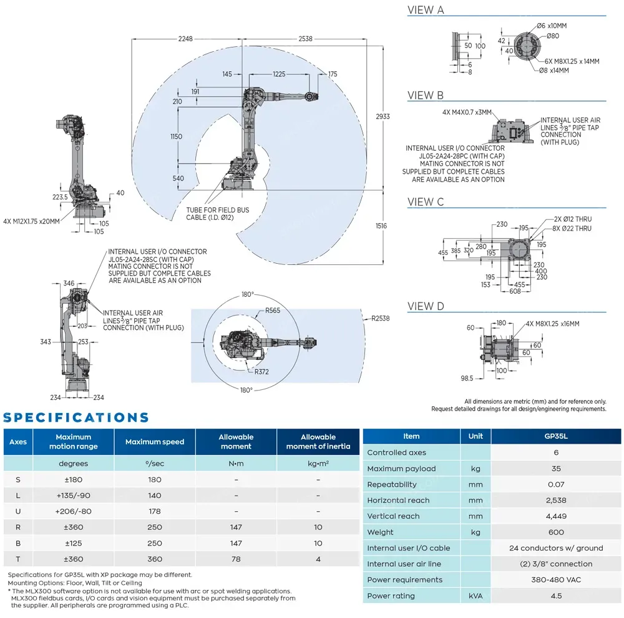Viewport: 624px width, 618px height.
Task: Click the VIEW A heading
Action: click(x=426, y=10)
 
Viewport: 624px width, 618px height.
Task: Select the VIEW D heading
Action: click(x=426, y=306)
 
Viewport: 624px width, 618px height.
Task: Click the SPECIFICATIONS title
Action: click(x=76, y=417)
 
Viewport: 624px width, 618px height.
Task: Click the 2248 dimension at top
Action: click(x=185, y=39)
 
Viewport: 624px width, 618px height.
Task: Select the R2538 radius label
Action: click(x=380, y=319)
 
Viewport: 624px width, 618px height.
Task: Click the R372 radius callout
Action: click(x=262, y=371)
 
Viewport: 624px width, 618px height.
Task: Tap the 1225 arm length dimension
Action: click(x=279, y=74)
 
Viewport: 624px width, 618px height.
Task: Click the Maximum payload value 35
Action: click(x=556, y=469)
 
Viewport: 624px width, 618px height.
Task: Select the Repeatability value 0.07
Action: click(x=556, y=484)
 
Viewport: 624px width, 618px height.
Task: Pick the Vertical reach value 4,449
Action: click(x=556, y=516)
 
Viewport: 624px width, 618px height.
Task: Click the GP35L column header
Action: click(x=556, y=436)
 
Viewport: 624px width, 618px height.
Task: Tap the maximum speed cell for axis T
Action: click(x=155, y=559)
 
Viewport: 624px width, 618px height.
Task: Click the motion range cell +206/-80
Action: click(x=74, y=512)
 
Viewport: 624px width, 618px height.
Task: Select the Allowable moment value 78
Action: click(x=236, y=559)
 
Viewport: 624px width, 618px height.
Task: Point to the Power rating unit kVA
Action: click(x=475, y=596)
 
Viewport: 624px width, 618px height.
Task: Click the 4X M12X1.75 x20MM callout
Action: click(x=31, y=221)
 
